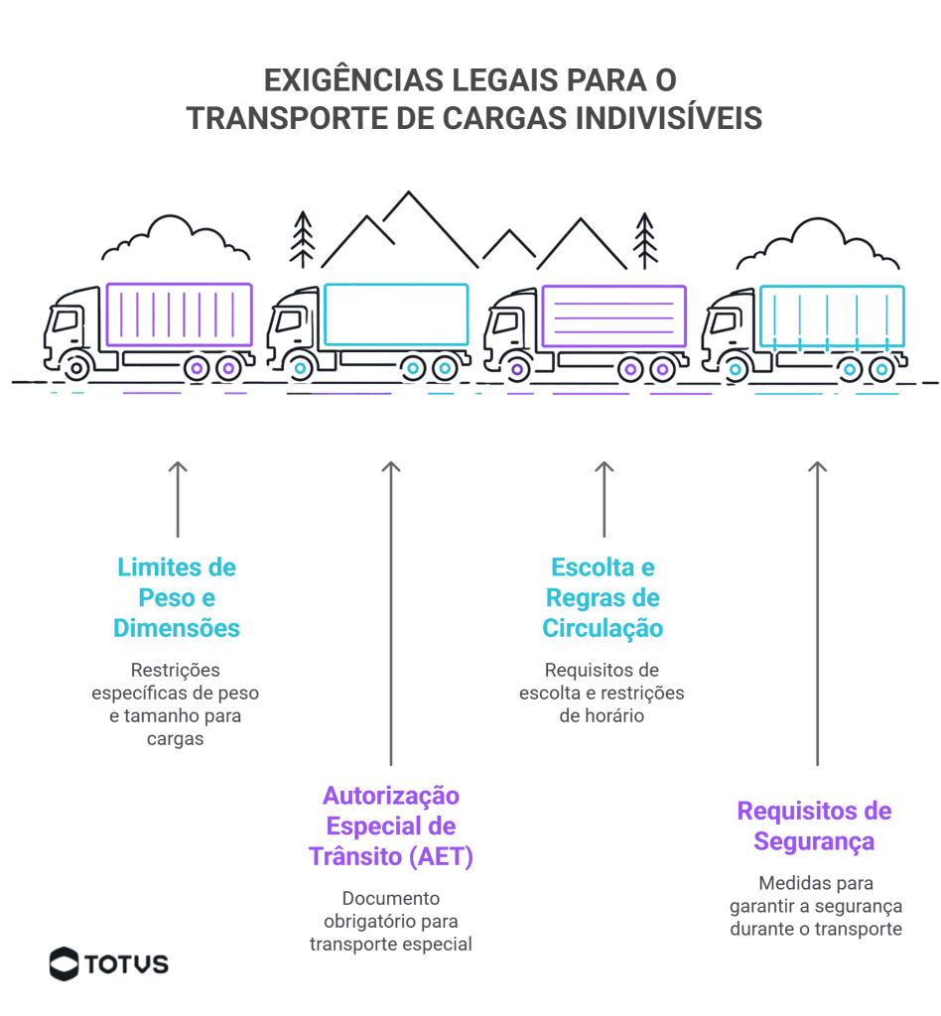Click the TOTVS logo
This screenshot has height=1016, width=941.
pos(109,963)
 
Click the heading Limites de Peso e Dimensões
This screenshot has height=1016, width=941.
pos(177,598)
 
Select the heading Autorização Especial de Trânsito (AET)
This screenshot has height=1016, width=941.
pos(391,826)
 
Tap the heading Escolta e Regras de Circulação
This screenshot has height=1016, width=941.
pos(603,598)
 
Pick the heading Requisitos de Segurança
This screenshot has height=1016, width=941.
pos(814,826)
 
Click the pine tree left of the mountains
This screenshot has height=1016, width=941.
pos(303,239)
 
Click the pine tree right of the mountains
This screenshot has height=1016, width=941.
pos(646,239)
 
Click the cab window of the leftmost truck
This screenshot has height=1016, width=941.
pos(67,320)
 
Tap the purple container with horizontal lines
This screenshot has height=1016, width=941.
pos(613,317)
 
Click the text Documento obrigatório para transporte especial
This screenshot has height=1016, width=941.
pos(391,921)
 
